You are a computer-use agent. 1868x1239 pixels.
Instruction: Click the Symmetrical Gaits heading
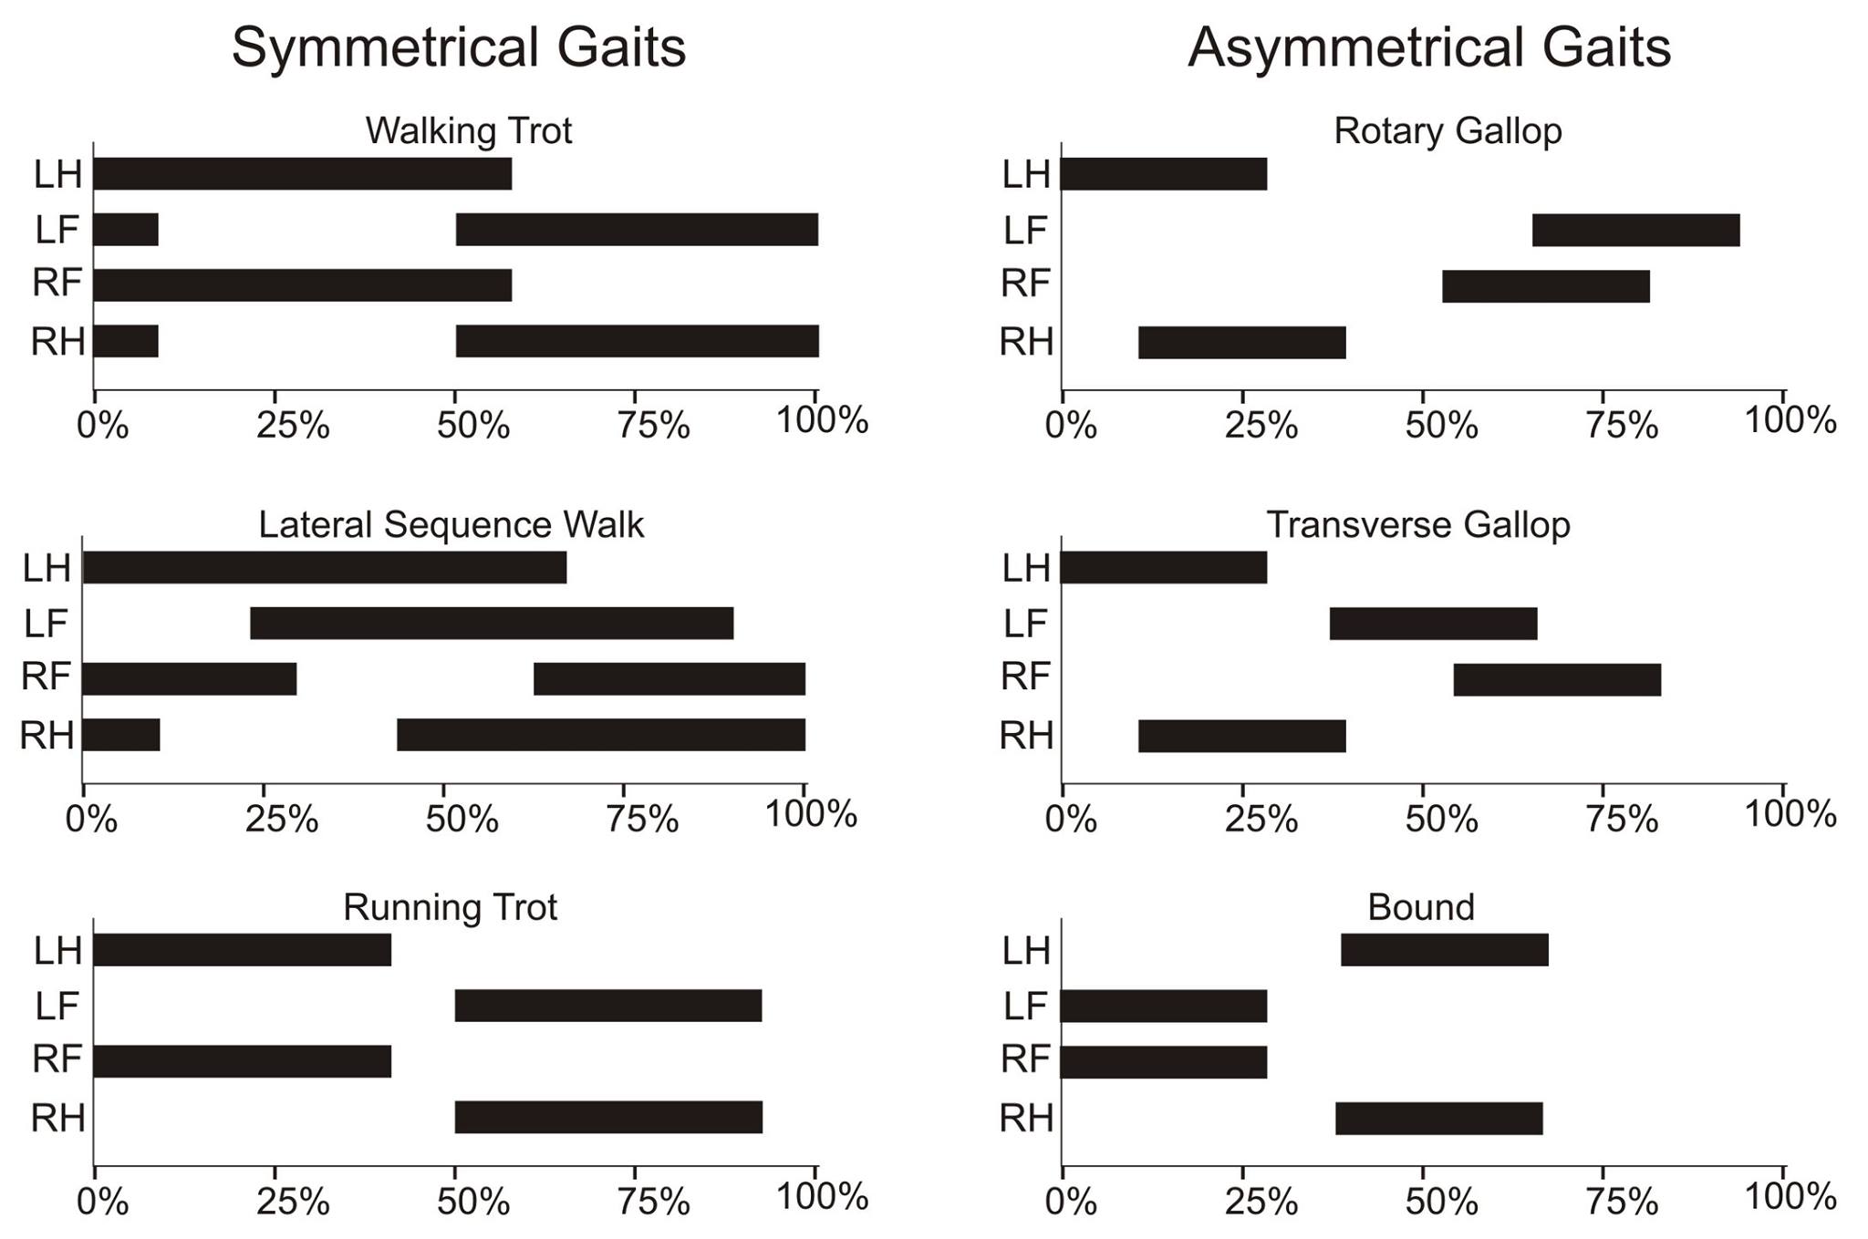point(458,47)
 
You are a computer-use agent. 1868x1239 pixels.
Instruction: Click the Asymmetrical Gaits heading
point(1428,47)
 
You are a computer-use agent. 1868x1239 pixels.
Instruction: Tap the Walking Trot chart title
point(468,131)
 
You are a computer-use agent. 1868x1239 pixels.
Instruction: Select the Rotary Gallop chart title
point(1448,131)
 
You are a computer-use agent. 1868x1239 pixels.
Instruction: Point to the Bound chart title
point(1420,907)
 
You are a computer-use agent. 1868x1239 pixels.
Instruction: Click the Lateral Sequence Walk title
point(451,525)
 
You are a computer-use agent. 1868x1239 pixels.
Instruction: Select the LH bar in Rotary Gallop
point(1163,173)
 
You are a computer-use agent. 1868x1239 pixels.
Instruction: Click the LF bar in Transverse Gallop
point(1433,624)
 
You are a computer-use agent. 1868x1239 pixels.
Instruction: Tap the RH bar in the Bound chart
point(1438,1119)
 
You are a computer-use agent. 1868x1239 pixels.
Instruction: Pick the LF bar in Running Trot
point(607,1006)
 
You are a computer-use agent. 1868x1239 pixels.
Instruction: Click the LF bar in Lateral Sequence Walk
point(492,624)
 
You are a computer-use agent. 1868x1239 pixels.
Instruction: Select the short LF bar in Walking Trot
point(126,230)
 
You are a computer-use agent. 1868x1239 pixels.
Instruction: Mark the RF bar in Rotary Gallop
point(1545,286)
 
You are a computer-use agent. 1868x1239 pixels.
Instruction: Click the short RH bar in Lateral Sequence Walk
point(121,735)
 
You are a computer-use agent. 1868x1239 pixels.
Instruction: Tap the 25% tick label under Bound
point(1261,1202)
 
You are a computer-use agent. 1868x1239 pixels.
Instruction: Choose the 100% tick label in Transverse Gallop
point(1790,814)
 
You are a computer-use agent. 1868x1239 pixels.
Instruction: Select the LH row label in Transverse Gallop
point(1026,569)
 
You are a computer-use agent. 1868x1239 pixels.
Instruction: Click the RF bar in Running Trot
point(242,1061)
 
